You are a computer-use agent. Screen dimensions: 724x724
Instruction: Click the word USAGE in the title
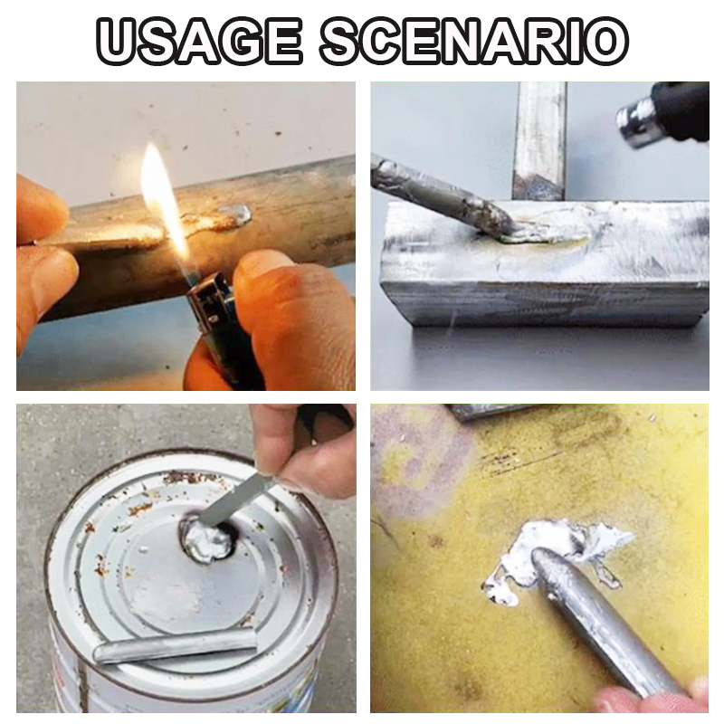click(200, 42)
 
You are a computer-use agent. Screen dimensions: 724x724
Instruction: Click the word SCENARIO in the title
click(473, 42)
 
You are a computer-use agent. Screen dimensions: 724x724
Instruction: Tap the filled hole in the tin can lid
click(207, 539)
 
